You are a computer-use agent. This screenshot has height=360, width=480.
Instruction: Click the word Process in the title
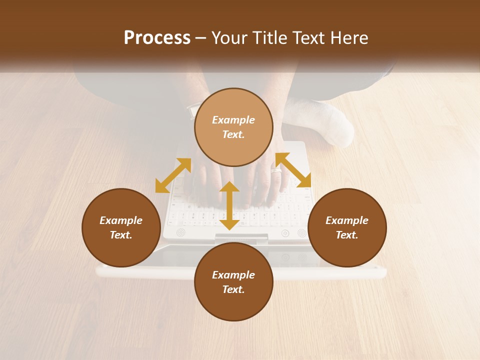coord(157,38)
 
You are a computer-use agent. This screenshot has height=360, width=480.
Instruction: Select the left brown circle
coord(121,227)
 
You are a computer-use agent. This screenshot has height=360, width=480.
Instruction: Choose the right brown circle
coord(347,227)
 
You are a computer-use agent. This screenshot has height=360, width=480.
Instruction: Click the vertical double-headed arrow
coord(229,205)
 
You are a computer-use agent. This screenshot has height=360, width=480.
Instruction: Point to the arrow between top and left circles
coord(173,175)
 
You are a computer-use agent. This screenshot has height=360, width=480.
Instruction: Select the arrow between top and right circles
coord(293,170)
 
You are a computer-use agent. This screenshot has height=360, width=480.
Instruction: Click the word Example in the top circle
coord(233,120)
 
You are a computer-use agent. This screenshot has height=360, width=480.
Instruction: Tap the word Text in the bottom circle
coord(233,289)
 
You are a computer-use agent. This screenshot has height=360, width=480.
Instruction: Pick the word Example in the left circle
coord(121,220)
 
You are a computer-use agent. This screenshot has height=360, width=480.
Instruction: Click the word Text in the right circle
coord(347,235)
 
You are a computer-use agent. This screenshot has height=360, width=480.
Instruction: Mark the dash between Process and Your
coord(200,38)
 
